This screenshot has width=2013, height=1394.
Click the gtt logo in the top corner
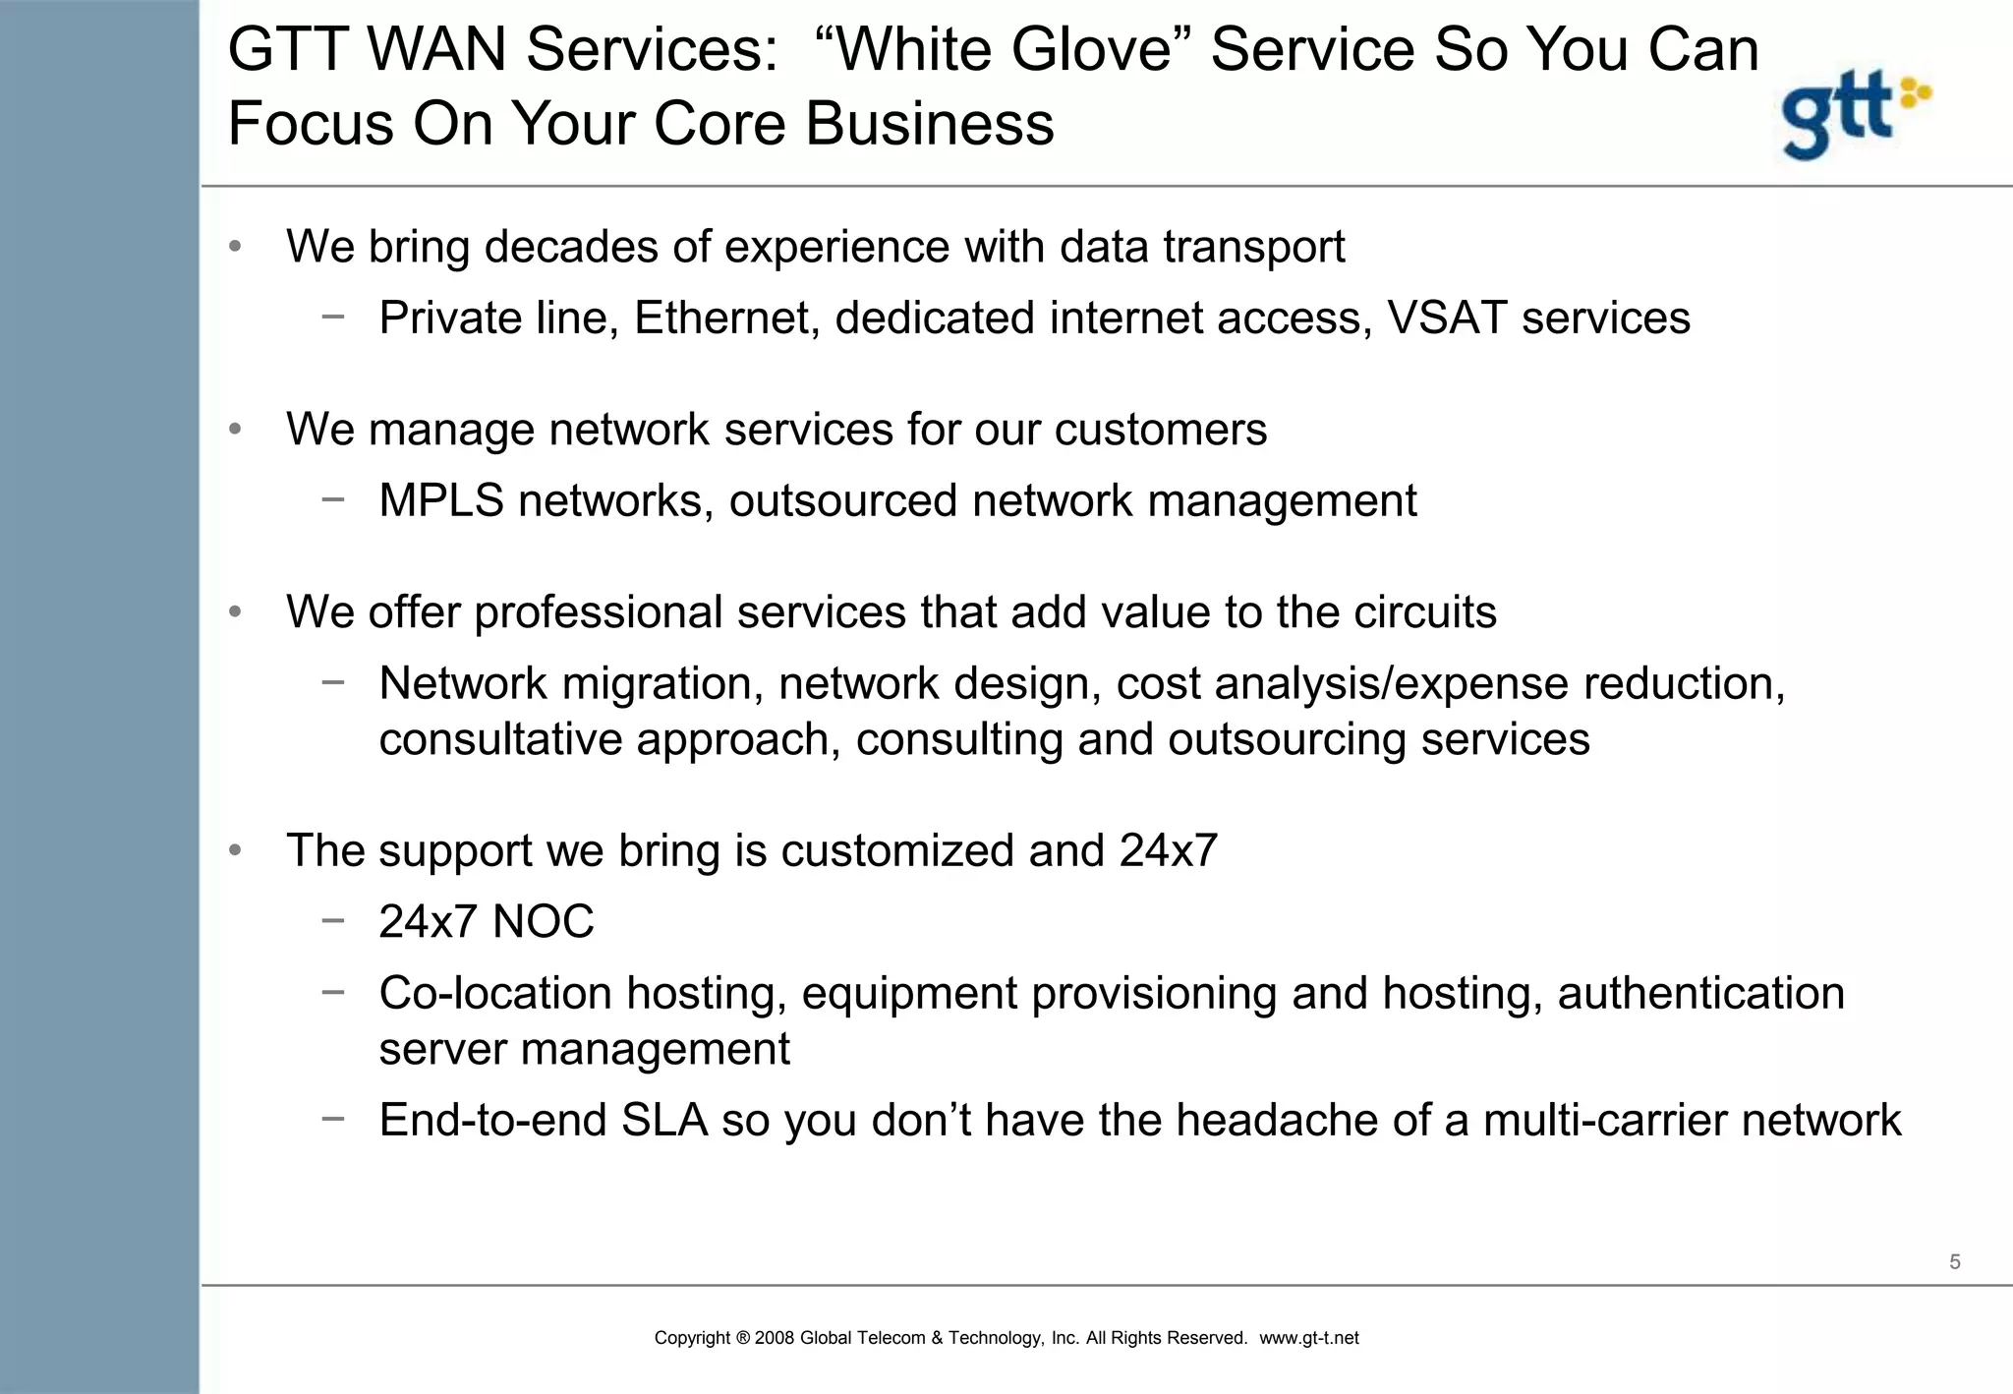coord(1855,114)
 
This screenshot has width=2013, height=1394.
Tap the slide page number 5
coord(1954,1262)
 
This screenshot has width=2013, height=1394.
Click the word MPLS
coord(441,500)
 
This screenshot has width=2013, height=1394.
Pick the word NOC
coord(543,922)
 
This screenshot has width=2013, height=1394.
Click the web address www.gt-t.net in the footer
coord(1308,1338)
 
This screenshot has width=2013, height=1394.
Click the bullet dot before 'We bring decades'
coord(235,246)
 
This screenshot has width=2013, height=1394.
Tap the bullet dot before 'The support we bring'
coord(235,850)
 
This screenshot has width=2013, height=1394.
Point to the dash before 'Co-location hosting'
coord(333,992)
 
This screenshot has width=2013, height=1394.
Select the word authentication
coord(1700,993)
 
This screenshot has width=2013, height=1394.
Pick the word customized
coord(896,850)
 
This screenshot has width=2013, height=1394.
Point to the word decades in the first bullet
coord(571,246)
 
